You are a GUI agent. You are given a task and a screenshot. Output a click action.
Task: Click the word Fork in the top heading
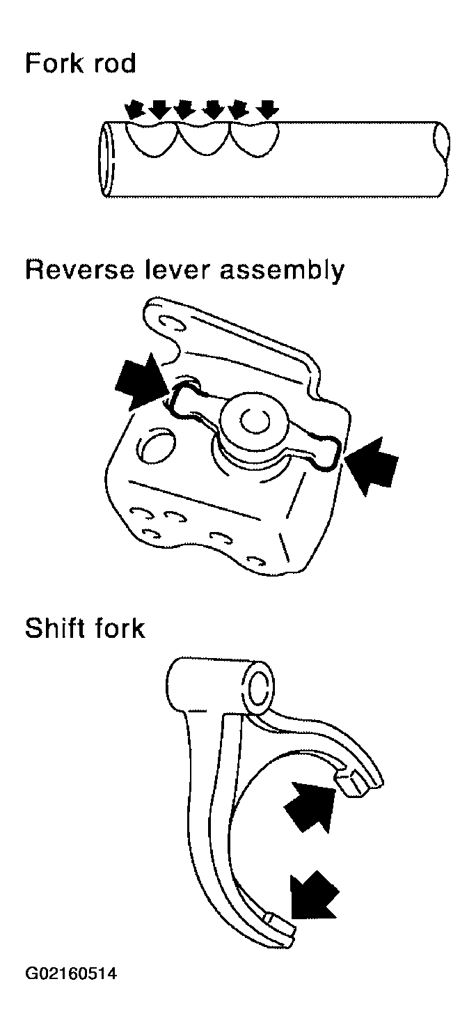[x=54, y=63]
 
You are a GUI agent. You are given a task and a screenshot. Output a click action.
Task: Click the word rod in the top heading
[x=114, y=63]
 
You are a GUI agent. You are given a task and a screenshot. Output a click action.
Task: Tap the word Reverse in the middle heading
[x=80, y=269]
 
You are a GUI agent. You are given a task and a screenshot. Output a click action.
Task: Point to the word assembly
[x=282, y=271]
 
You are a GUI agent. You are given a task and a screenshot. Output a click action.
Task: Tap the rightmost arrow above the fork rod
[x=267, y=109]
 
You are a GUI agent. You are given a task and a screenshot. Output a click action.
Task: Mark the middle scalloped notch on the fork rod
[x=203, y=139]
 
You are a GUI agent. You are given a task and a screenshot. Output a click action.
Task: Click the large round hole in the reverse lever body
[x=157, y=446]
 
